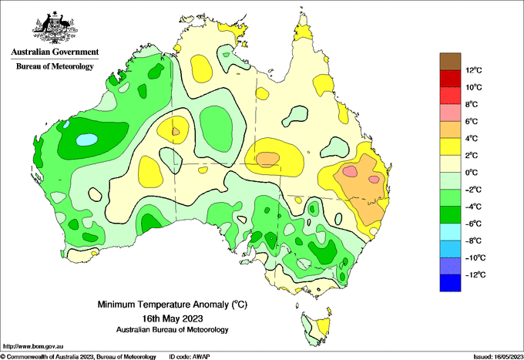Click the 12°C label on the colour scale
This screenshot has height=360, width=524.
pyautogui.click(x=474, y=70)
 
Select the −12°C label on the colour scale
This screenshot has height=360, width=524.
pyautogui.click(x=475, y=274)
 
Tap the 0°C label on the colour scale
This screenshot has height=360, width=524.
pyautogui.click(x=472, y=173)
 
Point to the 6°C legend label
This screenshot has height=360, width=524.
pyautogui.click(x=472, y=121)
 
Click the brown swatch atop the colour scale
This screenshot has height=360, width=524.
pyautogui.click(x=450, y=62)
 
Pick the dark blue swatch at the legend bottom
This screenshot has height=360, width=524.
pyautogui.click(x=450, y=283)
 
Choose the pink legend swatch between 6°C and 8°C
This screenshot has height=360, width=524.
pyautogui.click(x=450, y=113)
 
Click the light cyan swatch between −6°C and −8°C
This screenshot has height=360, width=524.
pyautogui.click(x=450, y=232)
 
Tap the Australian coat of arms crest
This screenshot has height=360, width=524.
pyautogui.click(x=55, y=28)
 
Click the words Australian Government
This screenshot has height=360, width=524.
pyautogui.click(x=55, y=52)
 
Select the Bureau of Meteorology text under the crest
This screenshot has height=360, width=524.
pyautogui.click(x=55, y=66)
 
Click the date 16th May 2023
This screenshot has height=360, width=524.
pyautogui.click(x=173, y=318)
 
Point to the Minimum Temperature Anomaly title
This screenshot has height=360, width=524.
pyautogui.click(x=172, y=304)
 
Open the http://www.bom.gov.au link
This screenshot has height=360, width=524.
pyautogui.click(x=33, y=346)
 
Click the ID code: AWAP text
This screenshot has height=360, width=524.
pyautogui.click(x=190, y=357)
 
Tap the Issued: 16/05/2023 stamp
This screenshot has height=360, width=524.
pyautogui.click(x=499, y=357)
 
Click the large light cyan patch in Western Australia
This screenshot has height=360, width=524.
pyautogui.click(x=87, y=139)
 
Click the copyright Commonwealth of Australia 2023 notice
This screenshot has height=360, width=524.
pyautogui.click(x=79, y=357)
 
